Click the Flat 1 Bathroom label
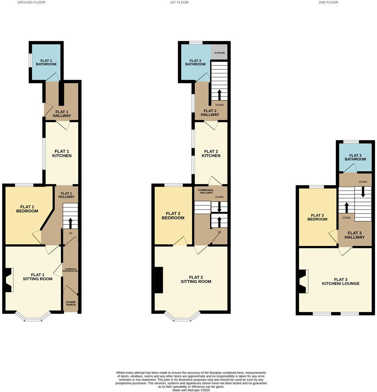coord(46,62)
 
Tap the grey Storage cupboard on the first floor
coord(220,52)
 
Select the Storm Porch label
coord(71,303)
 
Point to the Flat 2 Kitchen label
coord(211,153)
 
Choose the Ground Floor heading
coord(31,2)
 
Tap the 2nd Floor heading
coord(328,2)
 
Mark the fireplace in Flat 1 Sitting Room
coord(9,280)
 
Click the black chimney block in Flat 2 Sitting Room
coord(159,280)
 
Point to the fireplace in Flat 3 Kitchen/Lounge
coord(303,281)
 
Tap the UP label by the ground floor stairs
coord(70,233)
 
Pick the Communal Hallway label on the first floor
coord(206,191)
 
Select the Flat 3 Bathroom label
coord(355,157)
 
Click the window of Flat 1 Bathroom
coord(30,62)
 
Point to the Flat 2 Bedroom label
coord(173,215)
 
